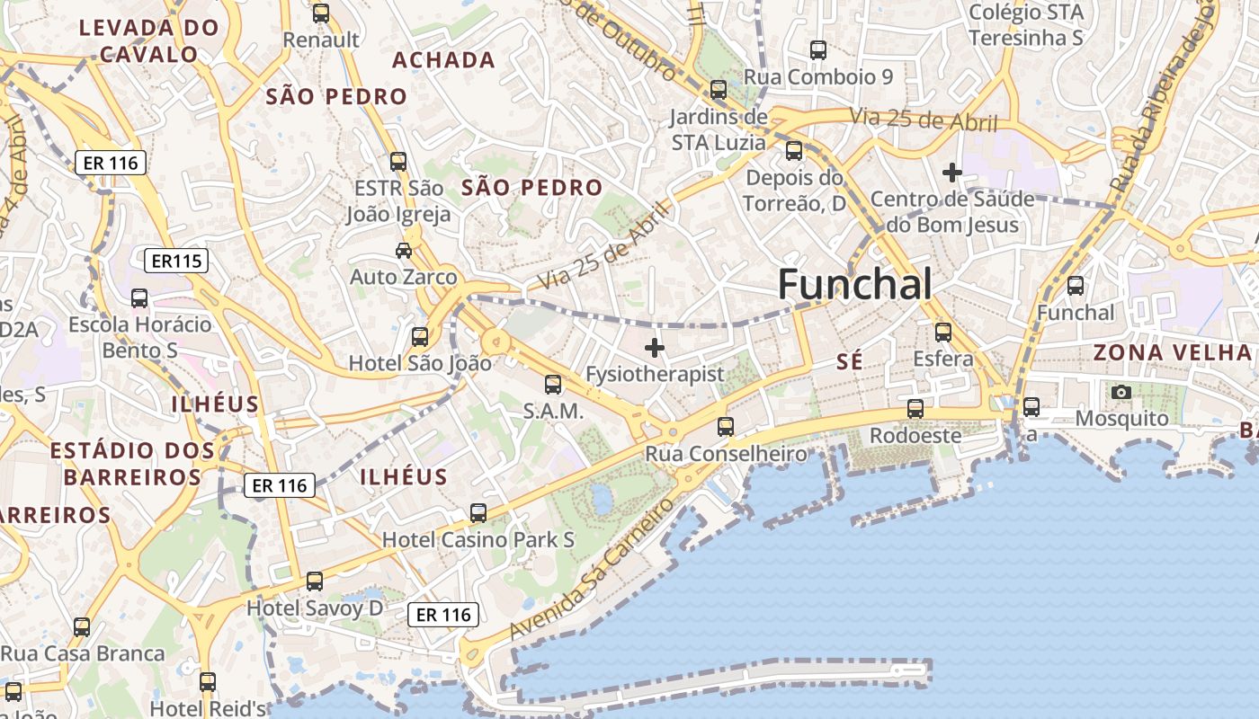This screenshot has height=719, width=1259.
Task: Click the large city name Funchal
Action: pos(854,285)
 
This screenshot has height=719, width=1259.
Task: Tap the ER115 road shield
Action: pos(176,262)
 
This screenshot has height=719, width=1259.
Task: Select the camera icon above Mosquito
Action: pos(1121,392)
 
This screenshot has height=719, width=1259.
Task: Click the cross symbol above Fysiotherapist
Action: pos(655,348)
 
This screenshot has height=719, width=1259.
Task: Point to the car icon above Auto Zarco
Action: pos(404,251)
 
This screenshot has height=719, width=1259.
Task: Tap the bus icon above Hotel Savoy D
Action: pos(314,581)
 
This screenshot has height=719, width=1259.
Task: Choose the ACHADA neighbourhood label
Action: pos(443,60)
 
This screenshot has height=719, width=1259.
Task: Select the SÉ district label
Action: pos(849,361)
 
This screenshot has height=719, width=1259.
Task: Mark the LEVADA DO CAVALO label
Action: pos(149,40)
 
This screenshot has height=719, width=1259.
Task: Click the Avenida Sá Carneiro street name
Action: pos(591,570)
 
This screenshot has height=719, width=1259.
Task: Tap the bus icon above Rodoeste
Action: pos(915,409)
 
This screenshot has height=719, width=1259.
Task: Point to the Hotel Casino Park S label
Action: pos(478,540)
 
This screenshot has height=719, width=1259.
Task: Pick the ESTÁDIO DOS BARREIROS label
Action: pos(132,463)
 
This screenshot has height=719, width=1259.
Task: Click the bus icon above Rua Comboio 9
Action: pos(818,50)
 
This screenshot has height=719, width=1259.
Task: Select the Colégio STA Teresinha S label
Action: pos(1026,25)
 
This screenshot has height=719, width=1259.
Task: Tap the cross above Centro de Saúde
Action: pos(951,172)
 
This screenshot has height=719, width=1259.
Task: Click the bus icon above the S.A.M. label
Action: pos(553,385)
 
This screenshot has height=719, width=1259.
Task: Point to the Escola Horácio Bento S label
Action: pos(139,337)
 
